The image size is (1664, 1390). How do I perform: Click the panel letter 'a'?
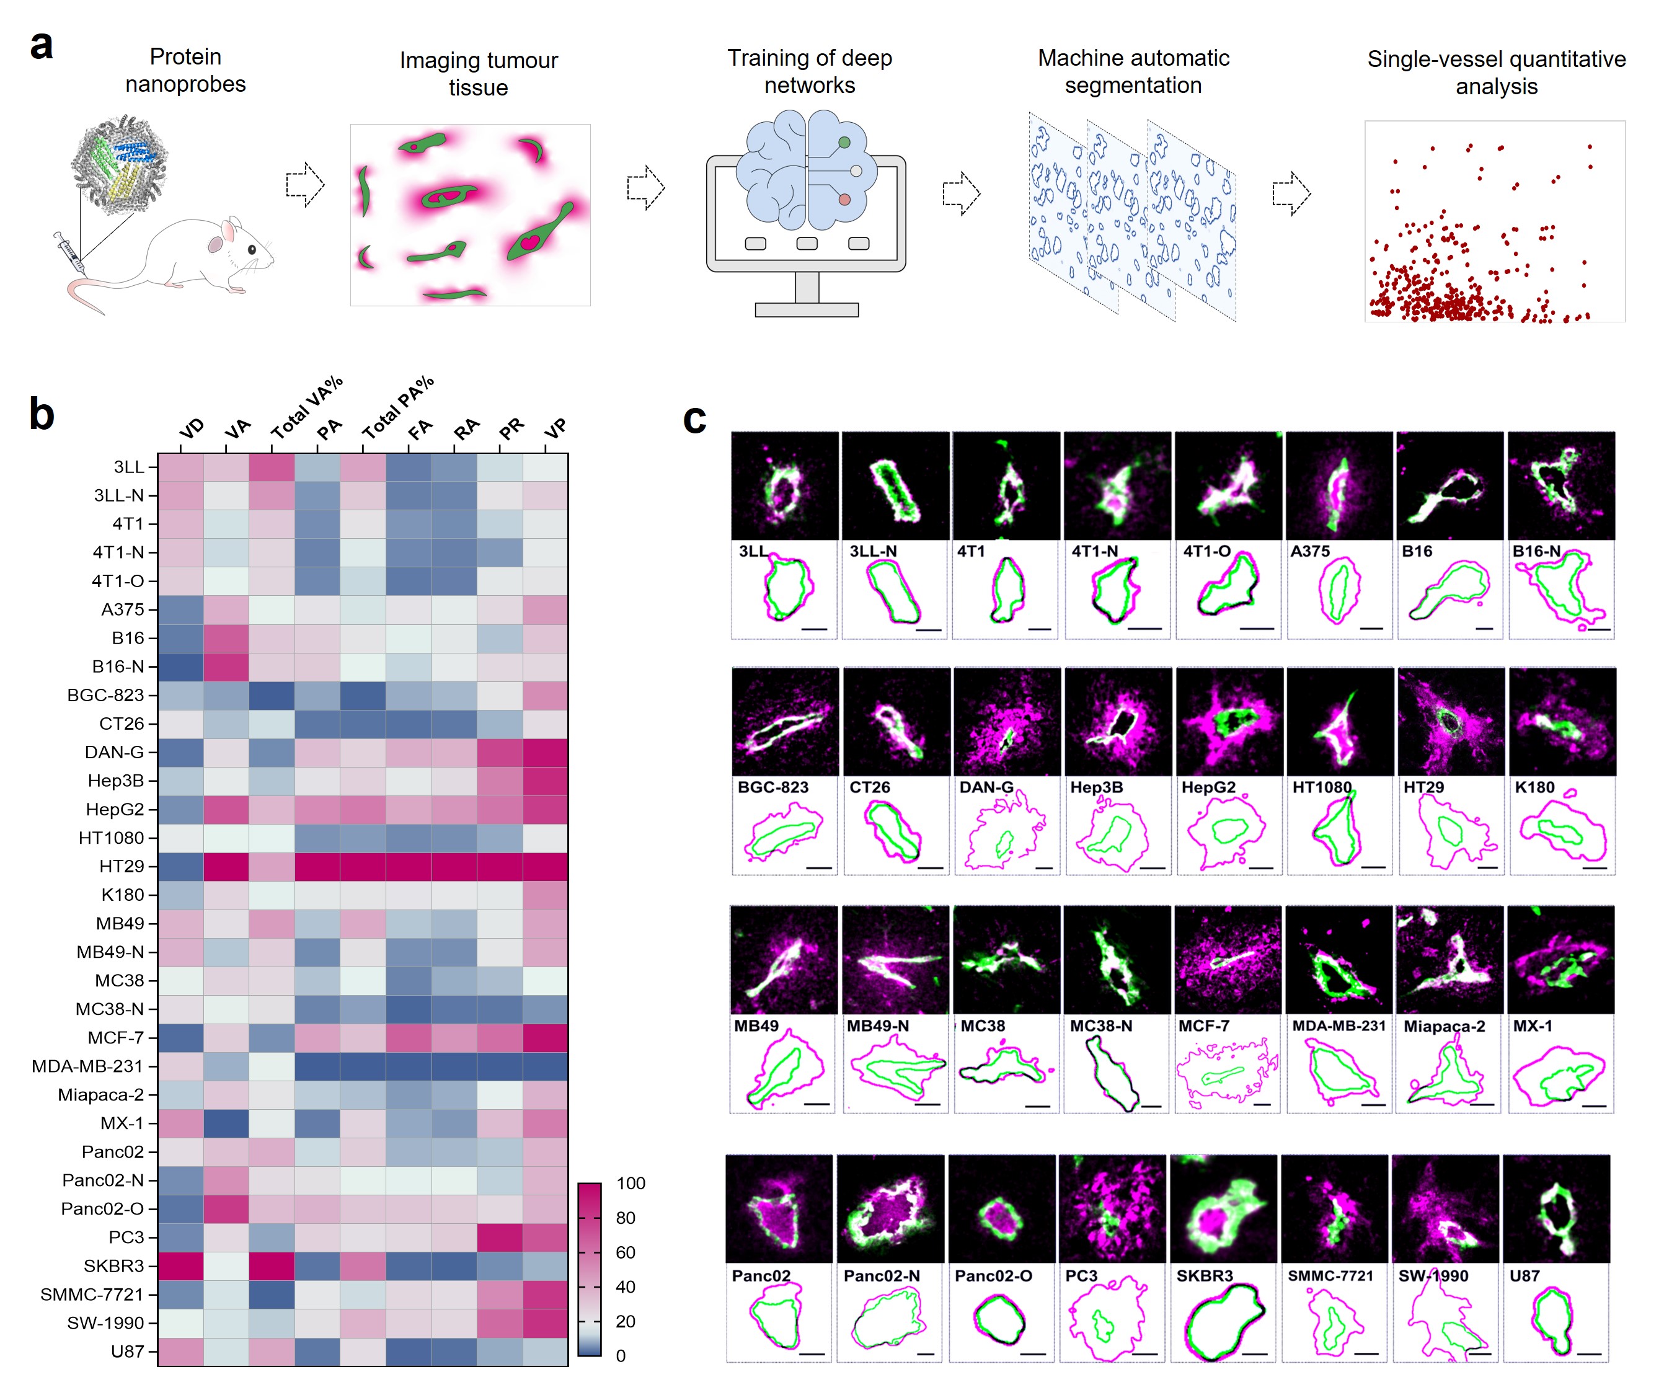tap(41, 46)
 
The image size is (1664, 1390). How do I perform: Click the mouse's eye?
tap(252, 250)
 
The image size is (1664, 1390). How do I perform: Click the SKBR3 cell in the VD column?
tap(180, 1265)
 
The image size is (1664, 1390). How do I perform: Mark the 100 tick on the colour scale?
tap(630, 1183)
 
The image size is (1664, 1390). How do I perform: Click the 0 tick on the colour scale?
tap(621, 1356)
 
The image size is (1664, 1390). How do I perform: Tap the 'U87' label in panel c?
tap(1524, 1276)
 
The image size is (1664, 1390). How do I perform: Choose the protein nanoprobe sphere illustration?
tap(119, 163)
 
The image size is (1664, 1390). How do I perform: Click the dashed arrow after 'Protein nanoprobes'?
tap(305, 185)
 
